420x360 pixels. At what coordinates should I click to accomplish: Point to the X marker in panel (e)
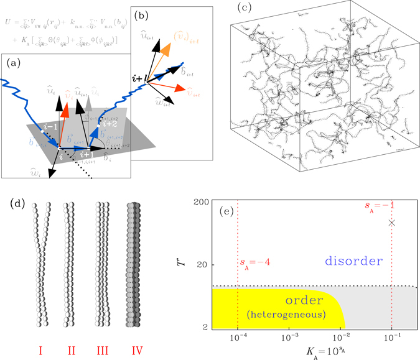(x=391, y=222)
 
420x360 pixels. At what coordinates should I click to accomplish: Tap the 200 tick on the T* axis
(x=200, y=203)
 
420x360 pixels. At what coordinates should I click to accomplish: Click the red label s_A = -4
(x=254, y=262)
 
